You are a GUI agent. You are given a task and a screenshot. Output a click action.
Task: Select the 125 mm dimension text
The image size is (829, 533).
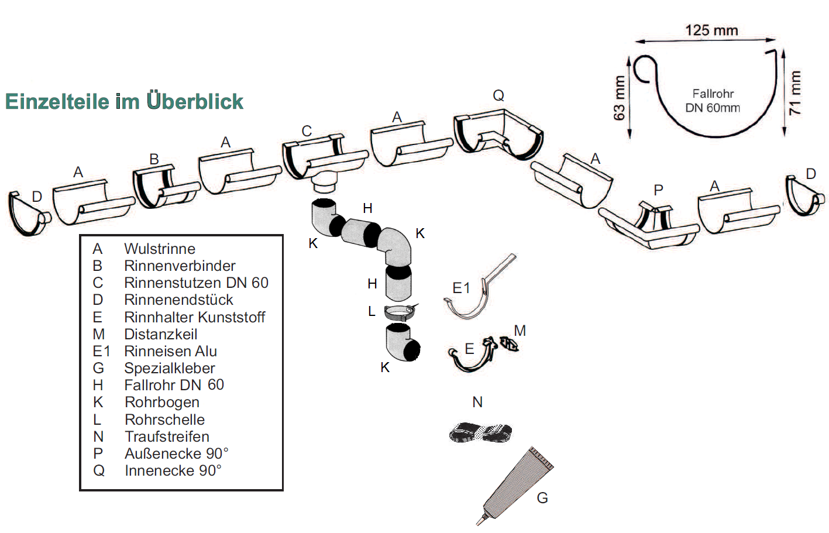[711, 30]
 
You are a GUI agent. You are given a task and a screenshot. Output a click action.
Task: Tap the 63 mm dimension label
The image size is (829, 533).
[619, 98]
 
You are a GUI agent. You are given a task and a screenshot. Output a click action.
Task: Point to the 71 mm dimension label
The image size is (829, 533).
[794, 92]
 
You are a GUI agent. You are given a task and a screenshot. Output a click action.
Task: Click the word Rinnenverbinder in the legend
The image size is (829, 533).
[180, 266]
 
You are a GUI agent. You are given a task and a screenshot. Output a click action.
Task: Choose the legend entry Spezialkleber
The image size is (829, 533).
[170, 369]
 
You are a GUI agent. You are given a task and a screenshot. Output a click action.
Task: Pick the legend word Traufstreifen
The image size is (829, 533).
[167, 437]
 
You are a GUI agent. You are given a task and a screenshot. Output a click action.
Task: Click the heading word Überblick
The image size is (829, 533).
[195, 101]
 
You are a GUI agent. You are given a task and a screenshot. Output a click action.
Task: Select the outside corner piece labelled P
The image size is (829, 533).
[649, 225]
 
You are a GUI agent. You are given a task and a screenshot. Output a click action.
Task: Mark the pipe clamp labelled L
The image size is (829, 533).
[400, 312]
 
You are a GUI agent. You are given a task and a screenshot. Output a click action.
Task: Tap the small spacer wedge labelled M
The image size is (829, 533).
[509, 344]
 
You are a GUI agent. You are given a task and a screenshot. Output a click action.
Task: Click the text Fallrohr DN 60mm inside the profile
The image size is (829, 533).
[712, 101]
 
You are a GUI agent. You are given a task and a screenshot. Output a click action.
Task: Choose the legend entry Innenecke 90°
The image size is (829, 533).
[173, 471]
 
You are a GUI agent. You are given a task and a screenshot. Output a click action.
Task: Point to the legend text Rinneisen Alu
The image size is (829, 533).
[170, 352]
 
